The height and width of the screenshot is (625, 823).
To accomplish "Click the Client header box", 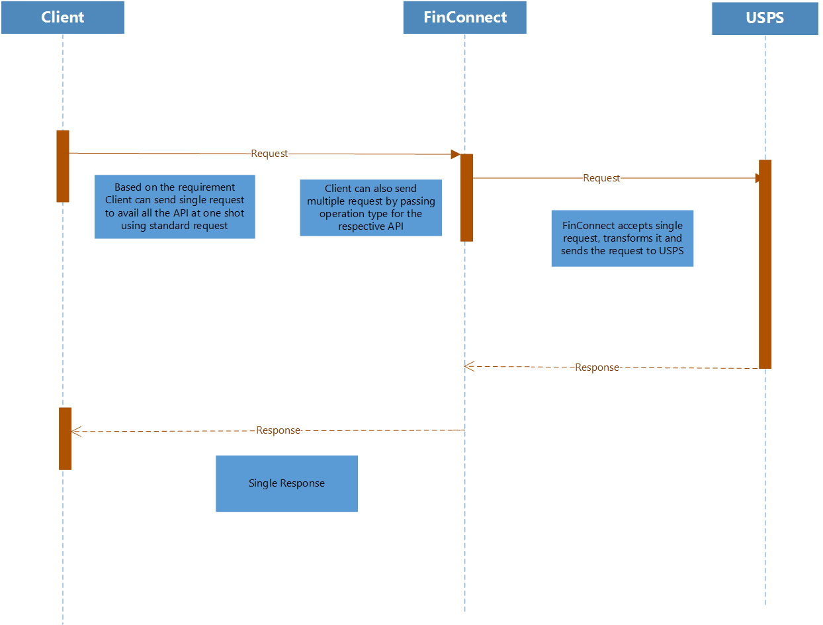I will point(63,17).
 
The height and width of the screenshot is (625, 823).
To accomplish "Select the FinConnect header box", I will point(464,17).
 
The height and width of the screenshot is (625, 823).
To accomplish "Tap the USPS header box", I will point(765,18).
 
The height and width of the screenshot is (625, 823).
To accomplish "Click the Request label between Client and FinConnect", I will point(269,154).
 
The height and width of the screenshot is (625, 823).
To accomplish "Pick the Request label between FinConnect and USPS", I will point(601,178).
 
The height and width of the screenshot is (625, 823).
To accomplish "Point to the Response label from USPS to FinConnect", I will point(597,367).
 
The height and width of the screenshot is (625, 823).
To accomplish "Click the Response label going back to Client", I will point(278,430).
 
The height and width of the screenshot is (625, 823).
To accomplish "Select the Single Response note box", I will point(286,483).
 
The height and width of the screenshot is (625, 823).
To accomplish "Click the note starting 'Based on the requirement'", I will point(175,207).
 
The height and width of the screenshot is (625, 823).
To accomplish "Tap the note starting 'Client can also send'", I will point(370,207).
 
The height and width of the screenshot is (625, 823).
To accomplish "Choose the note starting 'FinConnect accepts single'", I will point(622,238).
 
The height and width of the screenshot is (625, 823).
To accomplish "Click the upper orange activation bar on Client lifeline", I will point(63,166).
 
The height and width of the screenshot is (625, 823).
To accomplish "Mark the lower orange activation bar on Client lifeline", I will point(65,438).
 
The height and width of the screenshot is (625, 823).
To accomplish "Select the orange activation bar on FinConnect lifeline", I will point(466,197).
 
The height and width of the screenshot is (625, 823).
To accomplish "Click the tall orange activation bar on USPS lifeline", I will point(765,264).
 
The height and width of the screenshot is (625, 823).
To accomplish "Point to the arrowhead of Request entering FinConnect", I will point(455,154).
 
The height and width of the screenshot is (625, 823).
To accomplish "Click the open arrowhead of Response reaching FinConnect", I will point(469,366).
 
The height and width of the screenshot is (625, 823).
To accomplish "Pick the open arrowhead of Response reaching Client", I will point(75,432).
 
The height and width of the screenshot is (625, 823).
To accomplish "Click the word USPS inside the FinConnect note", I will point(671,251).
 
